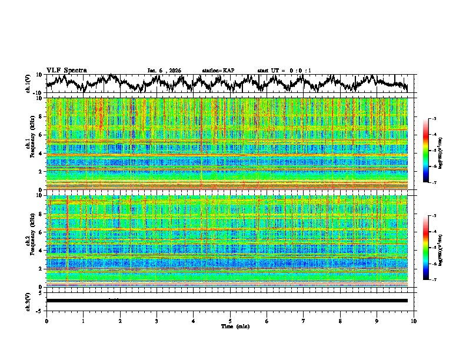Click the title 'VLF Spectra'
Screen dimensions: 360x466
click(66, 70)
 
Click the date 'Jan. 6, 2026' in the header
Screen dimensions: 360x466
click(164, 71)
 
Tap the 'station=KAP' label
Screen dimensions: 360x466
click(218, 71)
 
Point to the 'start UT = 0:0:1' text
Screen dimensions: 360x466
click(284, 71)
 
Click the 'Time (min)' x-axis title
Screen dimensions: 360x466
click(230, 326)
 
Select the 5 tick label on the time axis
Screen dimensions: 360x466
click(230, 321)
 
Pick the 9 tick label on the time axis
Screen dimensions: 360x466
click(377, 321)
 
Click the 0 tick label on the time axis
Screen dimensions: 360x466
click(46, 321)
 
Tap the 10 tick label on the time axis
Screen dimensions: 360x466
click(414, 321)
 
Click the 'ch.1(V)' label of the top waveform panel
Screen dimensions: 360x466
click(28, 84)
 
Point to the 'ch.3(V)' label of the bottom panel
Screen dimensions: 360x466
click(28, 301)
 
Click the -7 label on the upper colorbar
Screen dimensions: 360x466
click(434, 183)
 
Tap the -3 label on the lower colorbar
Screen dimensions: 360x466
click(434, 216)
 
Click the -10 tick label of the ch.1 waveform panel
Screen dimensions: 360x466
click(38, 93)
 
